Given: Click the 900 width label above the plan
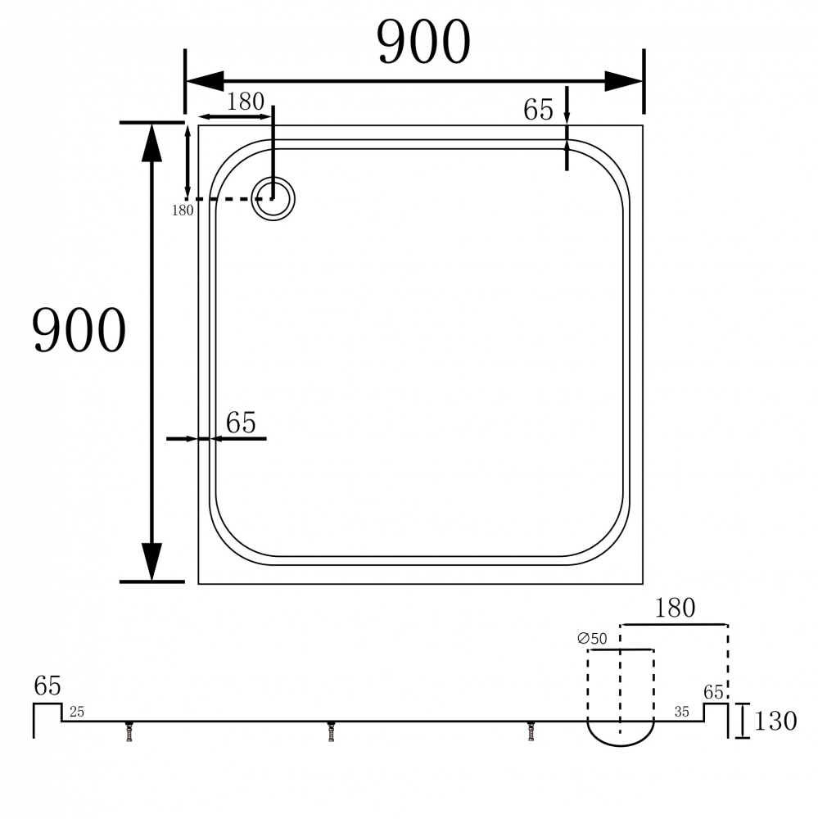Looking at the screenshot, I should [x=423, y=43].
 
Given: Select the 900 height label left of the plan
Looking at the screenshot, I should [x=79, y=331].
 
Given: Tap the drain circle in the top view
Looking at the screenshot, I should [x=273, y=199].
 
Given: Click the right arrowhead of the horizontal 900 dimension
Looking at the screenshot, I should [x=624, y=81].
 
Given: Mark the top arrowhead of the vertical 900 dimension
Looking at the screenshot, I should [x=151, y=143].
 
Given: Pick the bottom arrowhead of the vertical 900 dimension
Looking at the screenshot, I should [x=151, y=562].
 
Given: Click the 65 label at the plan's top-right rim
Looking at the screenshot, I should [x=539, y=111].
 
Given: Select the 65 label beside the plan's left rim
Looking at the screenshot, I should [x=241, y=423].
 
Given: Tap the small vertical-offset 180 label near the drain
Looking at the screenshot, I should [x=182, y=210].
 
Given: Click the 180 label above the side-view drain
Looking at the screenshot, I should [x=675, y=609].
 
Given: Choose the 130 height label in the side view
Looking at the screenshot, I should [x=774, y=722].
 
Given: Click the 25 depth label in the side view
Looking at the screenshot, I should [x=76, y=711].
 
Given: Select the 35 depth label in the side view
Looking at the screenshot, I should [x=681, y=711].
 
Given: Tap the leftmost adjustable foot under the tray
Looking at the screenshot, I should [x=129, y=731].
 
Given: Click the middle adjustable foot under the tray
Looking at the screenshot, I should [x=331, y=731].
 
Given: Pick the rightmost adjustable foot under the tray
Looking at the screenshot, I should [x=532, y=731].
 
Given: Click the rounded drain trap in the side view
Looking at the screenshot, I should [x=621, y=733].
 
